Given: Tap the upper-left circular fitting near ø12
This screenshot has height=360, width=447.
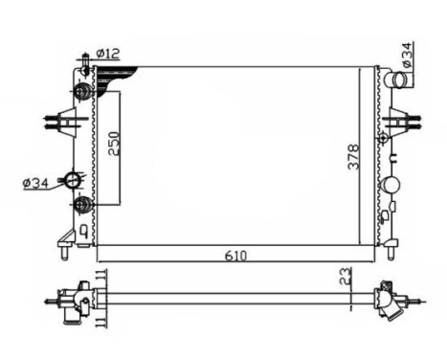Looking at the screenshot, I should pos(83,92).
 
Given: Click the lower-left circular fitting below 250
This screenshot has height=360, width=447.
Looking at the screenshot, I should pos(83,204).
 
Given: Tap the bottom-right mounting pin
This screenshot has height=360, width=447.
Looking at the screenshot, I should pos(391,252).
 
